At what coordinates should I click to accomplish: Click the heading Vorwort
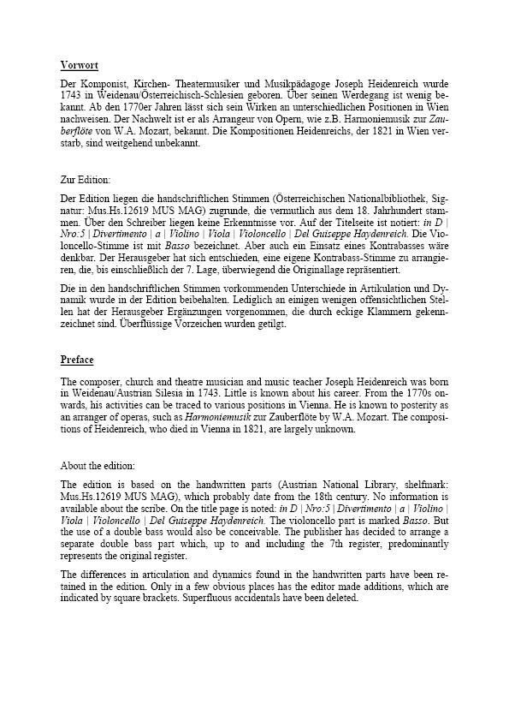click(79, 65)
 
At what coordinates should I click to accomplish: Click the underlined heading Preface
click(77, 360)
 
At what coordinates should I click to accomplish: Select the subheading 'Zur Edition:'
click(86, 180)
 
